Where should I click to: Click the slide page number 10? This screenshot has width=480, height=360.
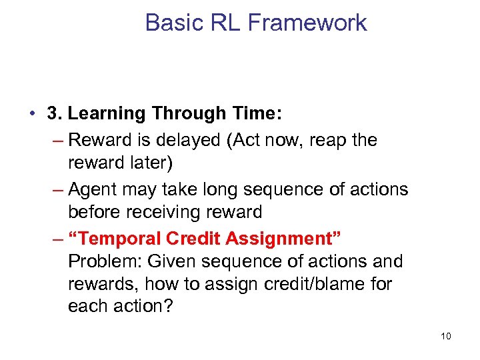tap(445, 336)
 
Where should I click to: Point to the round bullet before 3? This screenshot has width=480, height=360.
tap(33, 114)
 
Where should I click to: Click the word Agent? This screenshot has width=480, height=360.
tap(94, 189)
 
